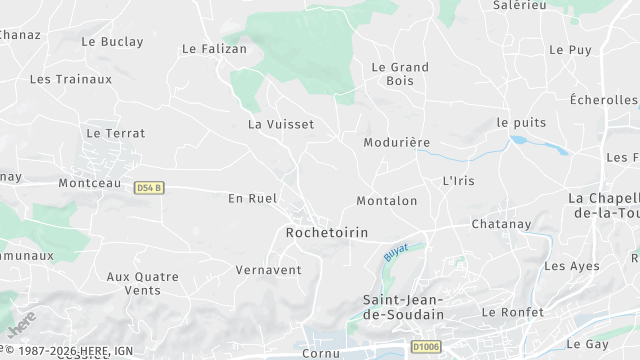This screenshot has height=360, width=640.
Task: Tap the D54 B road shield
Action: click(149, 187)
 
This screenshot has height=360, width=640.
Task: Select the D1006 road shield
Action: click(426, 347)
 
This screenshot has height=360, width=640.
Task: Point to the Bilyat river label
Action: click(396, 253)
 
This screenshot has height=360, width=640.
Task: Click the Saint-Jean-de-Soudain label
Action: click(402, 307)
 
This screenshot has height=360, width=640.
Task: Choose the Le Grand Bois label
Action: click(399, 74)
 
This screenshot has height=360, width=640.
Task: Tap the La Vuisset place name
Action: click(280, 124)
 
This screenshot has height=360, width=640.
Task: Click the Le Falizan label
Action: click(214, 48)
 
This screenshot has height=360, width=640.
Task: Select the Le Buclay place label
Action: click(112, 42)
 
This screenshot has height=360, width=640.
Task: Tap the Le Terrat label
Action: click(115, 133)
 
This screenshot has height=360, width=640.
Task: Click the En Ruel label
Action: click(250, 198)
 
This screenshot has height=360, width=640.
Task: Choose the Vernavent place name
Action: click(268, 270)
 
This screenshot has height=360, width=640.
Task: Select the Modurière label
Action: click(397, 142)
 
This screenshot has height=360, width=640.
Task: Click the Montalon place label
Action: click(386, 201)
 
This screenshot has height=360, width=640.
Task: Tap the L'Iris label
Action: click(460, 181)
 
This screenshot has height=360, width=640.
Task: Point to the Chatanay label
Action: click(500, 224)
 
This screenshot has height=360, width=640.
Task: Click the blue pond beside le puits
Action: click(539, 146)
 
